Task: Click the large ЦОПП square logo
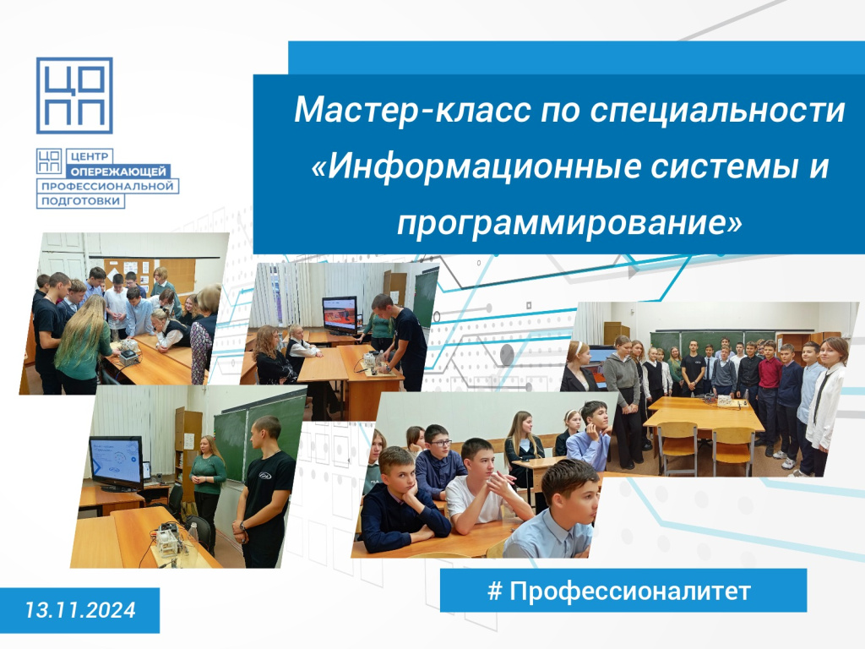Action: (74, 95)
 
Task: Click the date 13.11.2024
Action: (80, 610)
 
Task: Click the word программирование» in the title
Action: (569, 223)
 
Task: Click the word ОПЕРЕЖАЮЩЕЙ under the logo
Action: (118, 172)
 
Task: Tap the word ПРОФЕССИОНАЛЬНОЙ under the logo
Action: (107, 186)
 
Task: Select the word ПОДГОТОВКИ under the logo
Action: (80, 201)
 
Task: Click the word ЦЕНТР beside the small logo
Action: (90, 156)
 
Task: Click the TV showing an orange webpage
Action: (340, 315)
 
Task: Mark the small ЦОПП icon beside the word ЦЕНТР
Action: (49, 161)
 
